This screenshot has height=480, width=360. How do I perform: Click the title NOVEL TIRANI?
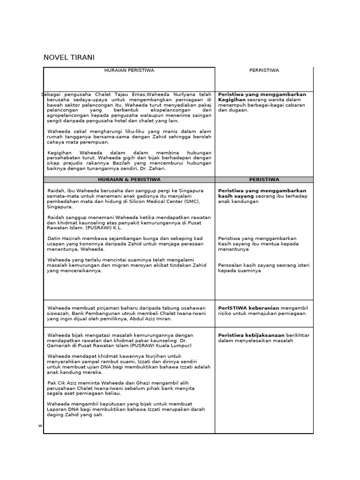point(69,58)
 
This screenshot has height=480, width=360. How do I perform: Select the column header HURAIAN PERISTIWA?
point(129,70)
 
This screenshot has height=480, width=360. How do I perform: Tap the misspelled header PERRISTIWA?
point(264,70)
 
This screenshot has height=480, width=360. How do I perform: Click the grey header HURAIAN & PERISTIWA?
point(129,180)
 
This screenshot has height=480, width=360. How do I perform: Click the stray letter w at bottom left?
point(40,426)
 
